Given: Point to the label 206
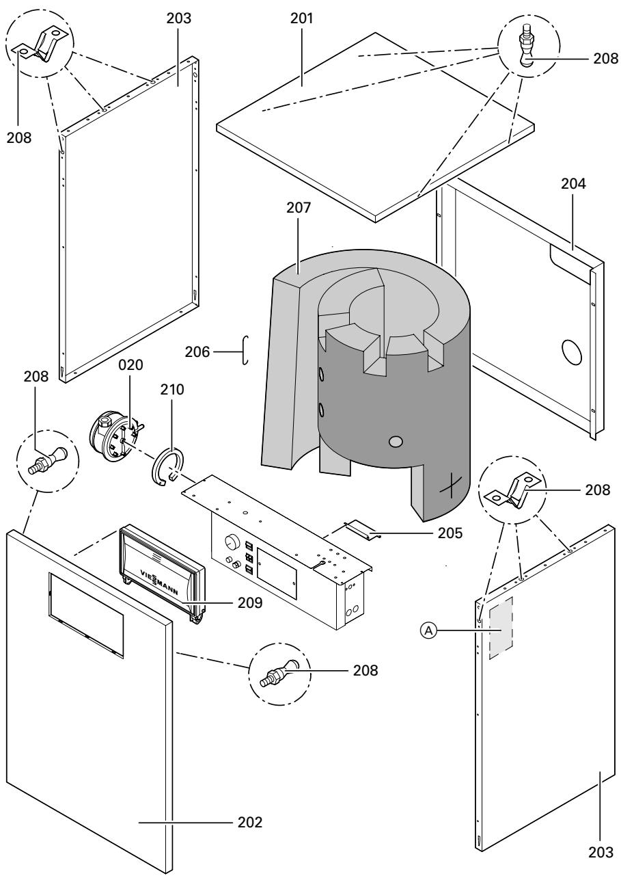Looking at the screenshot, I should pos(198,352).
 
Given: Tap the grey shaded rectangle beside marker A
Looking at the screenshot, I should pos(500,627).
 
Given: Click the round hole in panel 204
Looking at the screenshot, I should pos(570,351).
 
